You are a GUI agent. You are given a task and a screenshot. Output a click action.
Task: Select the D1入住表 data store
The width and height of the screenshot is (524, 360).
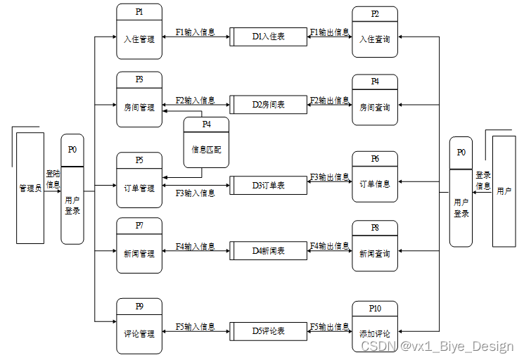(268, 36)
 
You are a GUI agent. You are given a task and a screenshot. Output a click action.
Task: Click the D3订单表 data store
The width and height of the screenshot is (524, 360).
(268, 185)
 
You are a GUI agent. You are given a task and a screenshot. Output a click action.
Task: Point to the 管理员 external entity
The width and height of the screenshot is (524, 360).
(30, 188)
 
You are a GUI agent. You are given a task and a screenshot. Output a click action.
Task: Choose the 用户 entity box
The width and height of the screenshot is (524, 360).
(504, 191)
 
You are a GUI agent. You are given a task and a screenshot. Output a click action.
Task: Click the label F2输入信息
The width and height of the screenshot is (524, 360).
(196, 101)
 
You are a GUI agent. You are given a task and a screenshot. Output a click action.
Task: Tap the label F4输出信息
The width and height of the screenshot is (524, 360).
(329, 245)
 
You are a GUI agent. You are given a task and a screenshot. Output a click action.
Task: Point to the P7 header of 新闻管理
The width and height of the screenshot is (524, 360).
(139, 225)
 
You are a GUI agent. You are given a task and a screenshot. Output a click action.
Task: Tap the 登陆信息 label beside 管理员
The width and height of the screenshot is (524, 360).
(53, 179)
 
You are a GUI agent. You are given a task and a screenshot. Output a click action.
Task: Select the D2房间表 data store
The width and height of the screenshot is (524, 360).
(268, 104)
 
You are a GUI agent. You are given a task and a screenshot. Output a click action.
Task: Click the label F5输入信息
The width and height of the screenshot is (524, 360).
(196, 326)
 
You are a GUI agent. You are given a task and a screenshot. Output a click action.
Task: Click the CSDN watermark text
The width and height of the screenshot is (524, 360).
(437, 346)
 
